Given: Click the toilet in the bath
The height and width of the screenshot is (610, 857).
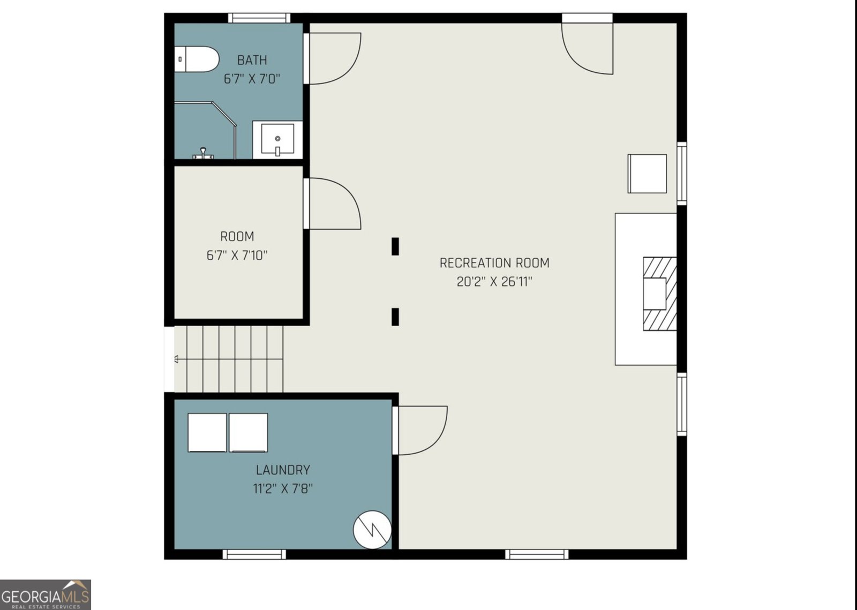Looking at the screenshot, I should [x=197, y=59].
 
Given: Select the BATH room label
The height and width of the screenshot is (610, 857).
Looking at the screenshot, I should [x=252, y=60].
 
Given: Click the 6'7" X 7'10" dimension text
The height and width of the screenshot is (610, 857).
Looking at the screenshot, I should [x=237, y=255].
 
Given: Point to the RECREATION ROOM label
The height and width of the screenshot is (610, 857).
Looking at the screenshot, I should [x=494, y=263].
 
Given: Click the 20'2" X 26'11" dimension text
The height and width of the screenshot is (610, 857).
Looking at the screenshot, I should [x=494, y=282].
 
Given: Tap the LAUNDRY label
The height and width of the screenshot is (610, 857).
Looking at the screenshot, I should [x=283, y=470].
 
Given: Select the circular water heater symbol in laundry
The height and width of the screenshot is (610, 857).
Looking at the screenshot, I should [x=372, y=530].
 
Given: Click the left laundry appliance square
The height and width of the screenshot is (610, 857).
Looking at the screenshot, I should [x=207, y=432].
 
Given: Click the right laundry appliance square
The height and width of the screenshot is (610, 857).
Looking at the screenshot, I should [x=249, y=432].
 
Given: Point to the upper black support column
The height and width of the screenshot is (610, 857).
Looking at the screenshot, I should [x=395, y=246].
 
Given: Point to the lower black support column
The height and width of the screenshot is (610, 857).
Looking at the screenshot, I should [x=395, y=317].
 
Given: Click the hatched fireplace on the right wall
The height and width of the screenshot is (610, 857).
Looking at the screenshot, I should [x=659, y=293].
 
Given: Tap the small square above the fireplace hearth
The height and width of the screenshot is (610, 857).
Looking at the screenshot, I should [x=647, y=174].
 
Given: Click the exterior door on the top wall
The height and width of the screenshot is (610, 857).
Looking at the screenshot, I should [x=587, y=46].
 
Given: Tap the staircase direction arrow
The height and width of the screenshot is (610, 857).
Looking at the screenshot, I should [x=177, y=359].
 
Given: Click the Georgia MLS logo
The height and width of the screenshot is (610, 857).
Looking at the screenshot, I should [x=46, y=594].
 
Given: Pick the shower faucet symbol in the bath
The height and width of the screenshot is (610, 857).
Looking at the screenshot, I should [x=203, y=153].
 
